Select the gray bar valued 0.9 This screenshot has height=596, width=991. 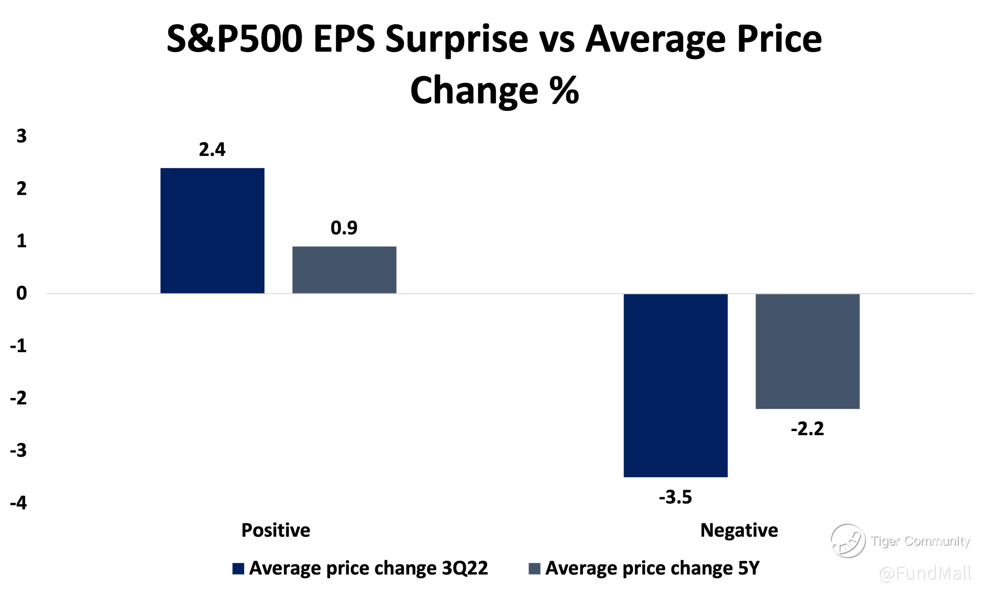[x=344, y=270]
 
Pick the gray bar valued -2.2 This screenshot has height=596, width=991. [x=807, y=352]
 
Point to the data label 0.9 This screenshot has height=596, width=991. [x=344, y=228]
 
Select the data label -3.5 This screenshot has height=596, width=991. [x=675, y=497]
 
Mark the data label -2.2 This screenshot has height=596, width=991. [x=807, y=429]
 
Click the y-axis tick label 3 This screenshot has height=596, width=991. [x=22, y=137]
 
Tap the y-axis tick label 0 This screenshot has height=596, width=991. [x=22, y=294]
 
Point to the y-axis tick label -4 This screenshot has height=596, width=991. [x=18, y=503]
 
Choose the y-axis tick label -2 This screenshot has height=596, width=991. [x=18, y=398]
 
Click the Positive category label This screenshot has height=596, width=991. [x=276, y=530]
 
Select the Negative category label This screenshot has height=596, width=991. [x=739, y=530]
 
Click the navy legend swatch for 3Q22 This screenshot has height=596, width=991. [x=238, y=569]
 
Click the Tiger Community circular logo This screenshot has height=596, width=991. [x=848, y=541]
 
